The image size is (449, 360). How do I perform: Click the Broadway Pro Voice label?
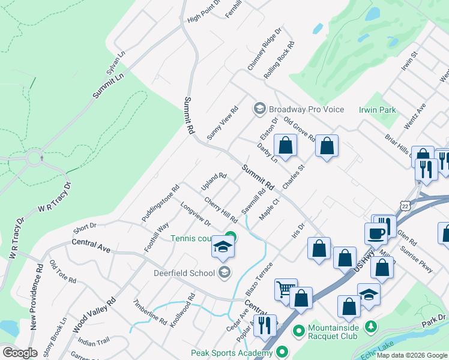(x=306, y=109)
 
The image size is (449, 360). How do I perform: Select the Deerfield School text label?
(x=184, y=273)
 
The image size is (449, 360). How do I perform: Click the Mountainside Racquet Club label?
(x=342, y=329)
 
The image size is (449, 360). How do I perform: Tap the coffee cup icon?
(x=376, y=233)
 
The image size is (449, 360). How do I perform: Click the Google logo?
(x=20, y=353)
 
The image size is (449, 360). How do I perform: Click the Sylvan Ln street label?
(x=115, y=62)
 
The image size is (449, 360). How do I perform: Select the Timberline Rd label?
(x=151, y=311)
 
